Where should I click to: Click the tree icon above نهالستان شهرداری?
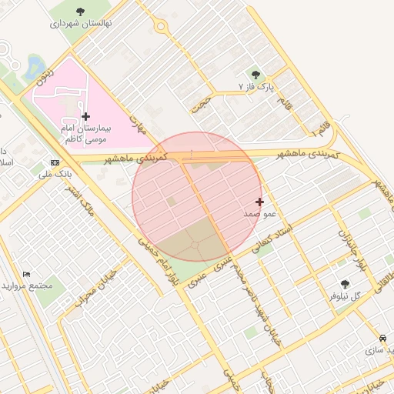[81, 11]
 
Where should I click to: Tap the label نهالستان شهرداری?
[81, 23]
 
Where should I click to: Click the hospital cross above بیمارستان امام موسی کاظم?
[85, 116]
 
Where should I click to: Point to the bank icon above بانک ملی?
[55, 162]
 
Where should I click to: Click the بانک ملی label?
[54, 175]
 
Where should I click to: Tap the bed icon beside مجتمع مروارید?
[27, 274]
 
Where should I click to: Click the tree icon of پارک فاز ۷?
[256, 75]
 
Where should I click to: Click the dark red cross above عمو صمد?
[260, 202]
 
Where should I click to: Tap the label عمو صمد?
[260, 214]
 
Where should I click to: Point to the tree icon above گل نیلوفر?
[344, 283]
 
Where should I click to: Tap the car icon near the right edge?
[383, 338]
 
